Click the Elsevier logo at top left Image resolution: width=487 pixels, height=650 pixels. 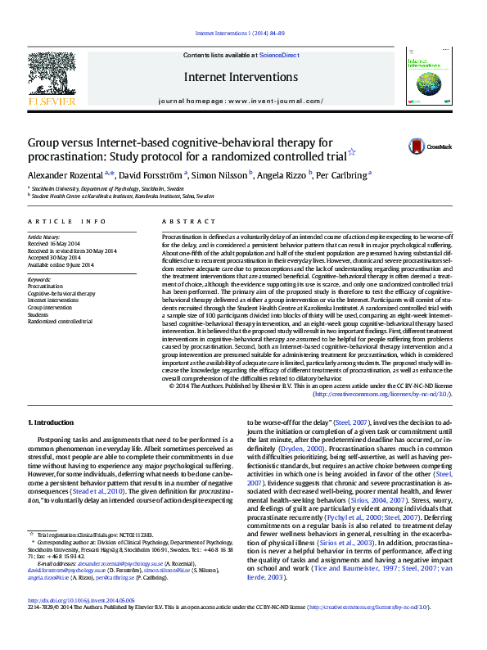[x=52, y=79]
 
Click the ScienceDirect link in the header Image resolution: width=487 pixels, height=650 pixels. [x=278, y=54]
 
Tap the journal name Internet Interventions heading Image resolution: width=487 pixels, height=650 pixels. [x=241, y=77]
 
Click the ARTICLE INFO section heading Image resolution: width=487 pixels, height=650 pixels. [x=67, y=221]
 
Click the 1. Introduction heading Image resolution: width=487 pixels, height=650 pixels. [x=51, y=422]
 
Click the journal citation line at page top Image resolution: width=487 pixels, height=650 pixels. [x=240, y=33]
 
